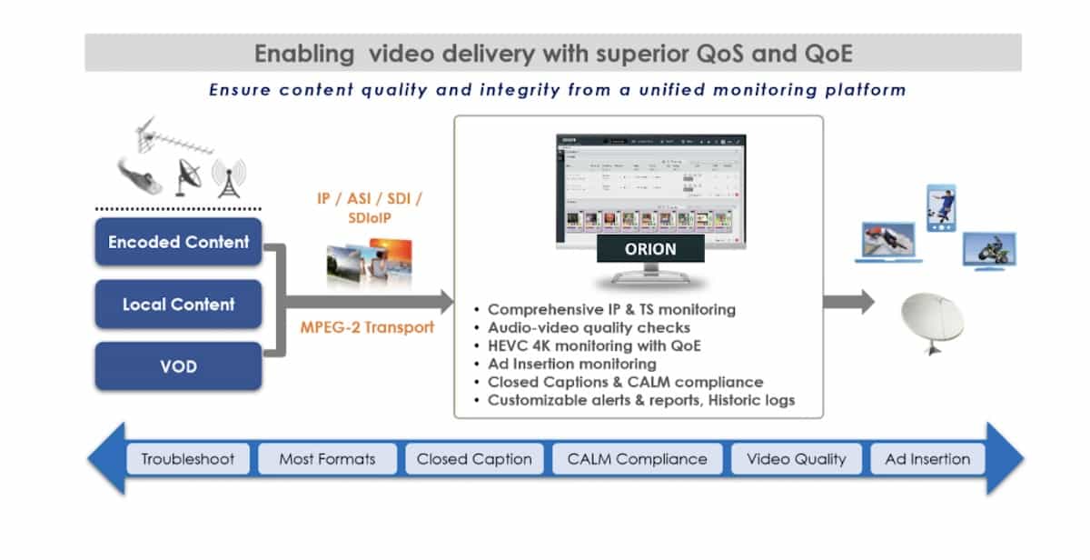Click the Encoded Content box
click(178, 242)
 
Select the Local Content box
click(178, 305)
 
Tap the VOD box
click(178, 366)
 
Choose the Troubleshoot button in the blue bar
click(188, 459)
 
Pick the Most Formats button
click(327, 459)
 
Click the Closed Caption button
click(474, 459)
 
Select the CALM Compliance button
click(637, 459)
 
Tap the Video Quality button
click(796, 459)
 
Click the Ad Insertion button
click(927, 459)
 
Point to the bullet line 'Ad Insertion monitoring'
click(571, 365)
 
